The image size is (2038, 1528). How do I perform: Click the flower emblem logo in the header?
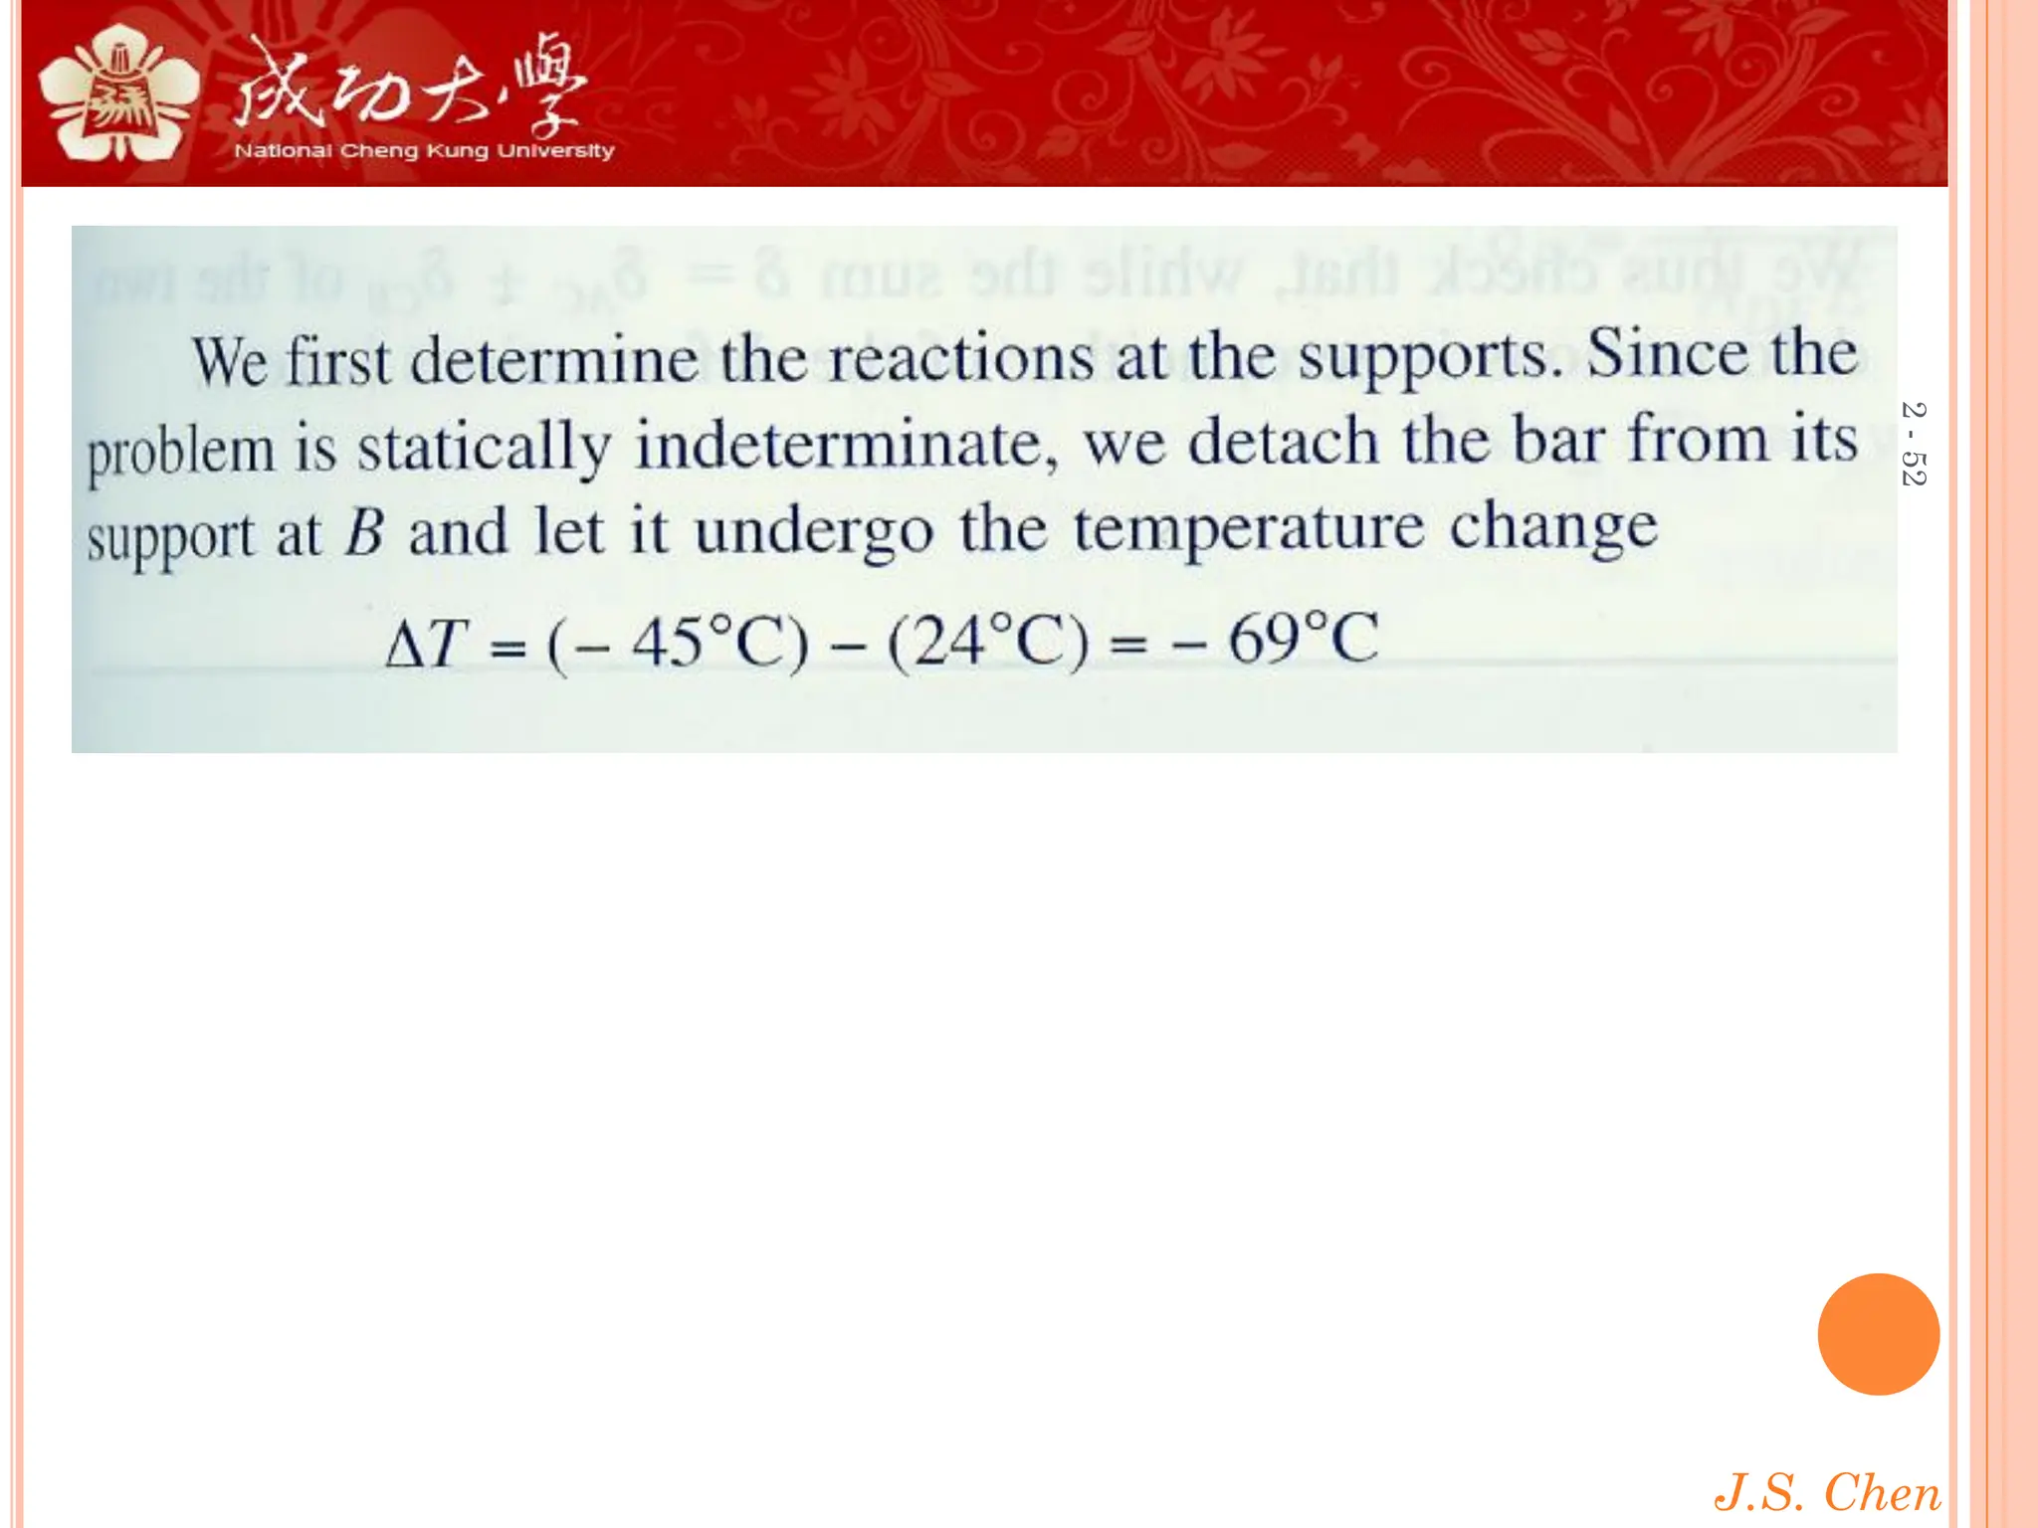[x=117, y=95]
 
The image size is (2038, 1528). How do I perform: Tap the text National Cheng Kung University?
[x=424, y=151]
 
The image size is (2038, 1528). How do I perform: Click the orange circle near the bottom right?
[x=1878, y=1334]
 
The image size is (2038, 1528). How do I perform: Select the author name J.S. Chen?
[x=1827, y=1492]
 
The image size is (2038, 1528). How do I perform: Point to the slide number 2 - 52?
[x=1913, y=444]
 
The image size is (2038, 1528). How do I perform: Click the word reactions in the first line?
[x=960, y=358]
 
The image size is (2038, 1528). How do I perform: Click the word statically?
[x=485, y=447]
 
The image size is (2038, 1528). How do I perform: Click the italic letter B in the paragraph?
[x=364, y=532]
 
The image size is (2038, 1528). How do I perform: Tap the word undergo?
[x=813, y=532]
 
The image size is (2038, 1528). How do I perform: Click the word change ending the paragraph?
[x=1552, y=527]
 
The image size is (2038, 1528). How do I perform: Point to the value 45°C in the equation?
[x=697, y=642]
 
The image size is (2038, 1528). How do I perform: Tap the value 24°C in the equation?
[x=989, y=642]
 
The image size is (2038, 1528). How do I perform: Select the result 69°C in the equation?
[x=1304, y=639]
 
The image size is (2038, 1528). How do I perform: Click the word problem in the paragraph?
[x=180, y=451]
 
